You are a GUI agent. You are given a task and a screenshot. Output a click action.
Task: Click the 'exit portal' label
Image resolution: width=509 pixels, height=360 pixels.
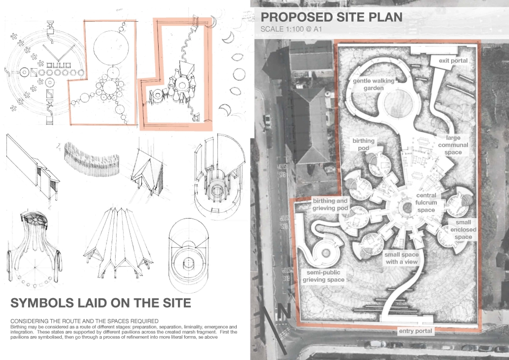pos(453,60)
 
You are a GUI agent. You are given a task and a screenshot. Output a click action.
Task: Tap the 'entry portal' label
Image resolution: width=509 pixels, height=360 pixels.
pos(416,331)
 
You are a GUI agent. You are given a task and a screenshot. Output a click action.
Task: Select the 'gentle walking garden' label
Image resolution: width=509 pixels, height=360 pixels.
pos(374,84)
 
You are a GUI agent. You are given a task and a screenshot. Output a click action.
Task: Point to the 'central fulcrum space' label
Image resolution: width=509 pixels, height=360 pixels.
pos(426,202)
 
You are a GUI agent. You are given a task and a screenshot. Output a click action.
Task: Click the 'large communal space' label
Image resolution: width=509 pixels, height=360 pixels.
pos(453,145)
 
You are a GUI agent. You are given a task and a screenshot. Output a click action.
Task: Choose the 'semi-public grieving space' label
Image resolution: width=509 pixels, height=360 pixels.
pos(323,276)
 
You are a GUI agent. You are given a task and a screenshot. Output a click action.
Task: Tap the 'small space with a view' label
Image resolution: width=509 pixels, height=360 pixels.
pos(402,258)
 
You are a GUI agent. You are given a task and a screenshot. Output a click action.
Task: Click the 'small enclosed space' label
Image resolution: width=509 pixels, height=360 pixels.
pos(463,229)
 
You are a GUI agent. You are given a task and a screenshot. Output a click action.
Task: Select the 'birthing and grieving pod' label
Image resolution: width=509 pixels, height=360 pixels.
pos(330,204)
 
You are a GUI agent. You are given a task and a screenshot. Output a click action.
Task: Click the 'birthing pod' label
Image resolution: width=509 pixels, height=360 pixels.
pos(364,144)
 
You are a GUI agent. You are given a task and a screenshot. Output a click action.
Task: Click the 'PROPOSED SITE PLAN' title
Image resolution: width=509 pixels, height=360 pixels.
pos(332,17)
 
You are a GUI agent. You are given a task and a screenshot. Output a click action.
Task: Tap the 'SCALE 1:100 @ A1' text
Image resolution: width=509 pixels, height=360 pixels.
pos(291,29)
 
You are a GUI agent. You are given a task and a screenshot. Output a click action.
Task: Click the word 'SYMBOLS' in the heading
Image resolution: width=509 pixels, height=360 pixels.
pos(42,303)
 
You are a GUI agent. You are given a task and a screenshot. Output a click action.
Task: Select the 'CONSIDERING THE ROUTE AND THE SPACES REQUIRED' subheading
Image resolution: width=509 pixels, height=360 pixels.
pos(85,321)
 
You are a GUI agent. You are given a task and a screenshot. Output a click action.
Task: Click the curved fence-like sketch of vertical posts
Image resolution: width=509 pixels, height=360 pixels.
pos(92,158)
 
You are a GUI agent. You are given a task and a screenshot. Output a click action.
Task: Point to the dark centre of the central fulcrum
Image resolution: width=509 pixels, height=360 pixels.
pos(406,207)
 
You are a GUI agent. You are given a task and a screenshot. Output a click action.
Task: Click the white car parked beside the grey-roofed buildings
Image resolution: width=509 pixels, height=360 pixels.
pos(267,120)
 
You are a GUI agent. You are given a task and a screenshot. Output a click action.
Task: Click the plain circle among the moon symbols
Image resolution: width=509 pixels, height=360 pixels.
pos(239,74)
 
